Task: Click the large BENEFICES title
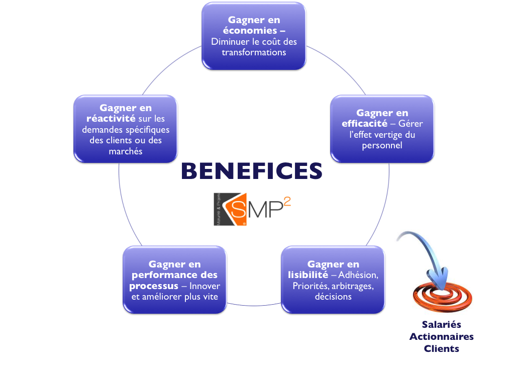point(251,171)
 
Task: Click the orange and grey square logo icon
point(229,208)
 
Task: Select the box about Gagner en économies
point(254,36)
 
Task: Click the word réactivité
point(111,119)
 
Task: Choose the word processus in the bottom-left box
point(153,286)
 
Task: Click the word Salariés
point(441,325)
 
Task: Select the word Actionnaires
point(441,337)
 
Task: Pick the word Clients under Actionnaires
point(441,348)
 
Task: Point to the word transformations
point(254,52)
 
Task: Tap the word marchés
point(126,151)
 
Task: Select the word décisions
point(333,297)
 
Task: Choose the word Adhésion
point(358,275)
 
